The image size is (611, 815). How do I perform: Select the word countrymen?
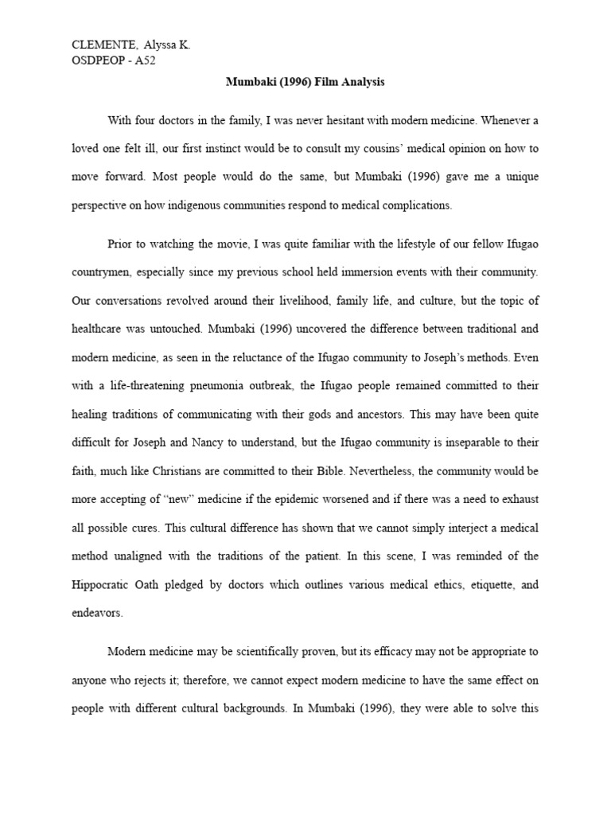point(106,271)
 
